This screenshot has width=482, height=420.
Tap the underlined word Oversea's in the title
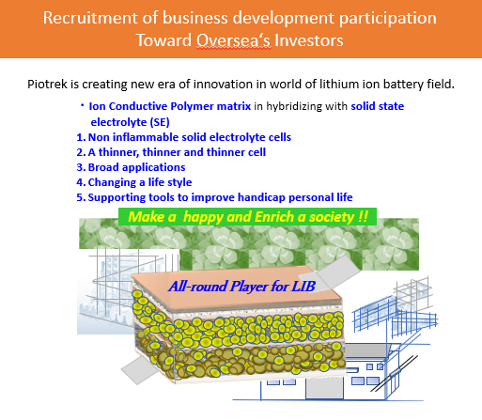[234, 40]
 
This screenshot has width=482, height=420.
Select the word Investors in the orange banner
[309, 40]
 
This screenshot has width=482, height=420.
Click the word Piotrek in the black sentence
[47, 84]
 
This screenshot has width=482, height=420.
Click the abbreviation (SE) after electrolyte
[160, 122]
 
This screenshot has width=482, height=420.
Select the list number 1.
[81, 137]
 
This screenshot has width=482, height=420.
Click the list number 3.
[81, 167]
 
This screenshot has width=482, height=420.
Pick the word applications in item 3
[154, 167]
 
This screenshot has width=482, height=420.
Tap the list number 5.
[81, 197]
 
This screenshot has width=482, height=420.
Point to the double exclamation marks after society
[363, 217]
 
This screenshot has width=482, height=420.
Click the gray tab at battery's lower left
[139, 369]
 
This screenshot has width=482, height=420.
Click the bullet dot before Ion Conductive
[82, 106]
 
